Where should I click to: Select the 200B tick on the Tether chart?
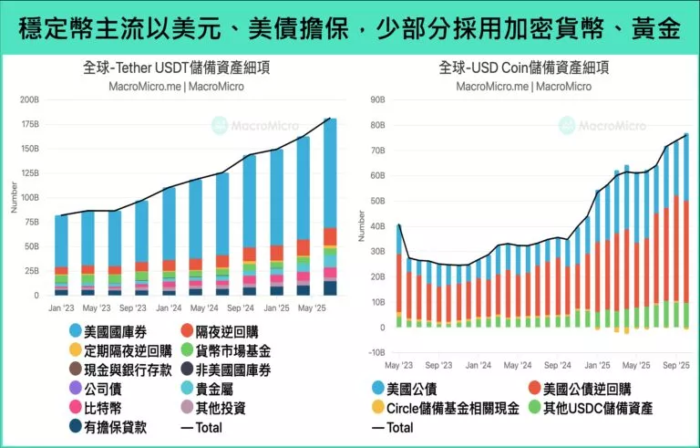pos(31,99)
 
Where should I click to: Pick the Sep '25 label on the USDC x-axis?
pos(674,364)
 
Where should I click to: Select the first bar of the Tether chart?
pos(61,255)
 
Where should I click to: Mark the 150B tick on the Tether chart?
pos(31,149)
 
